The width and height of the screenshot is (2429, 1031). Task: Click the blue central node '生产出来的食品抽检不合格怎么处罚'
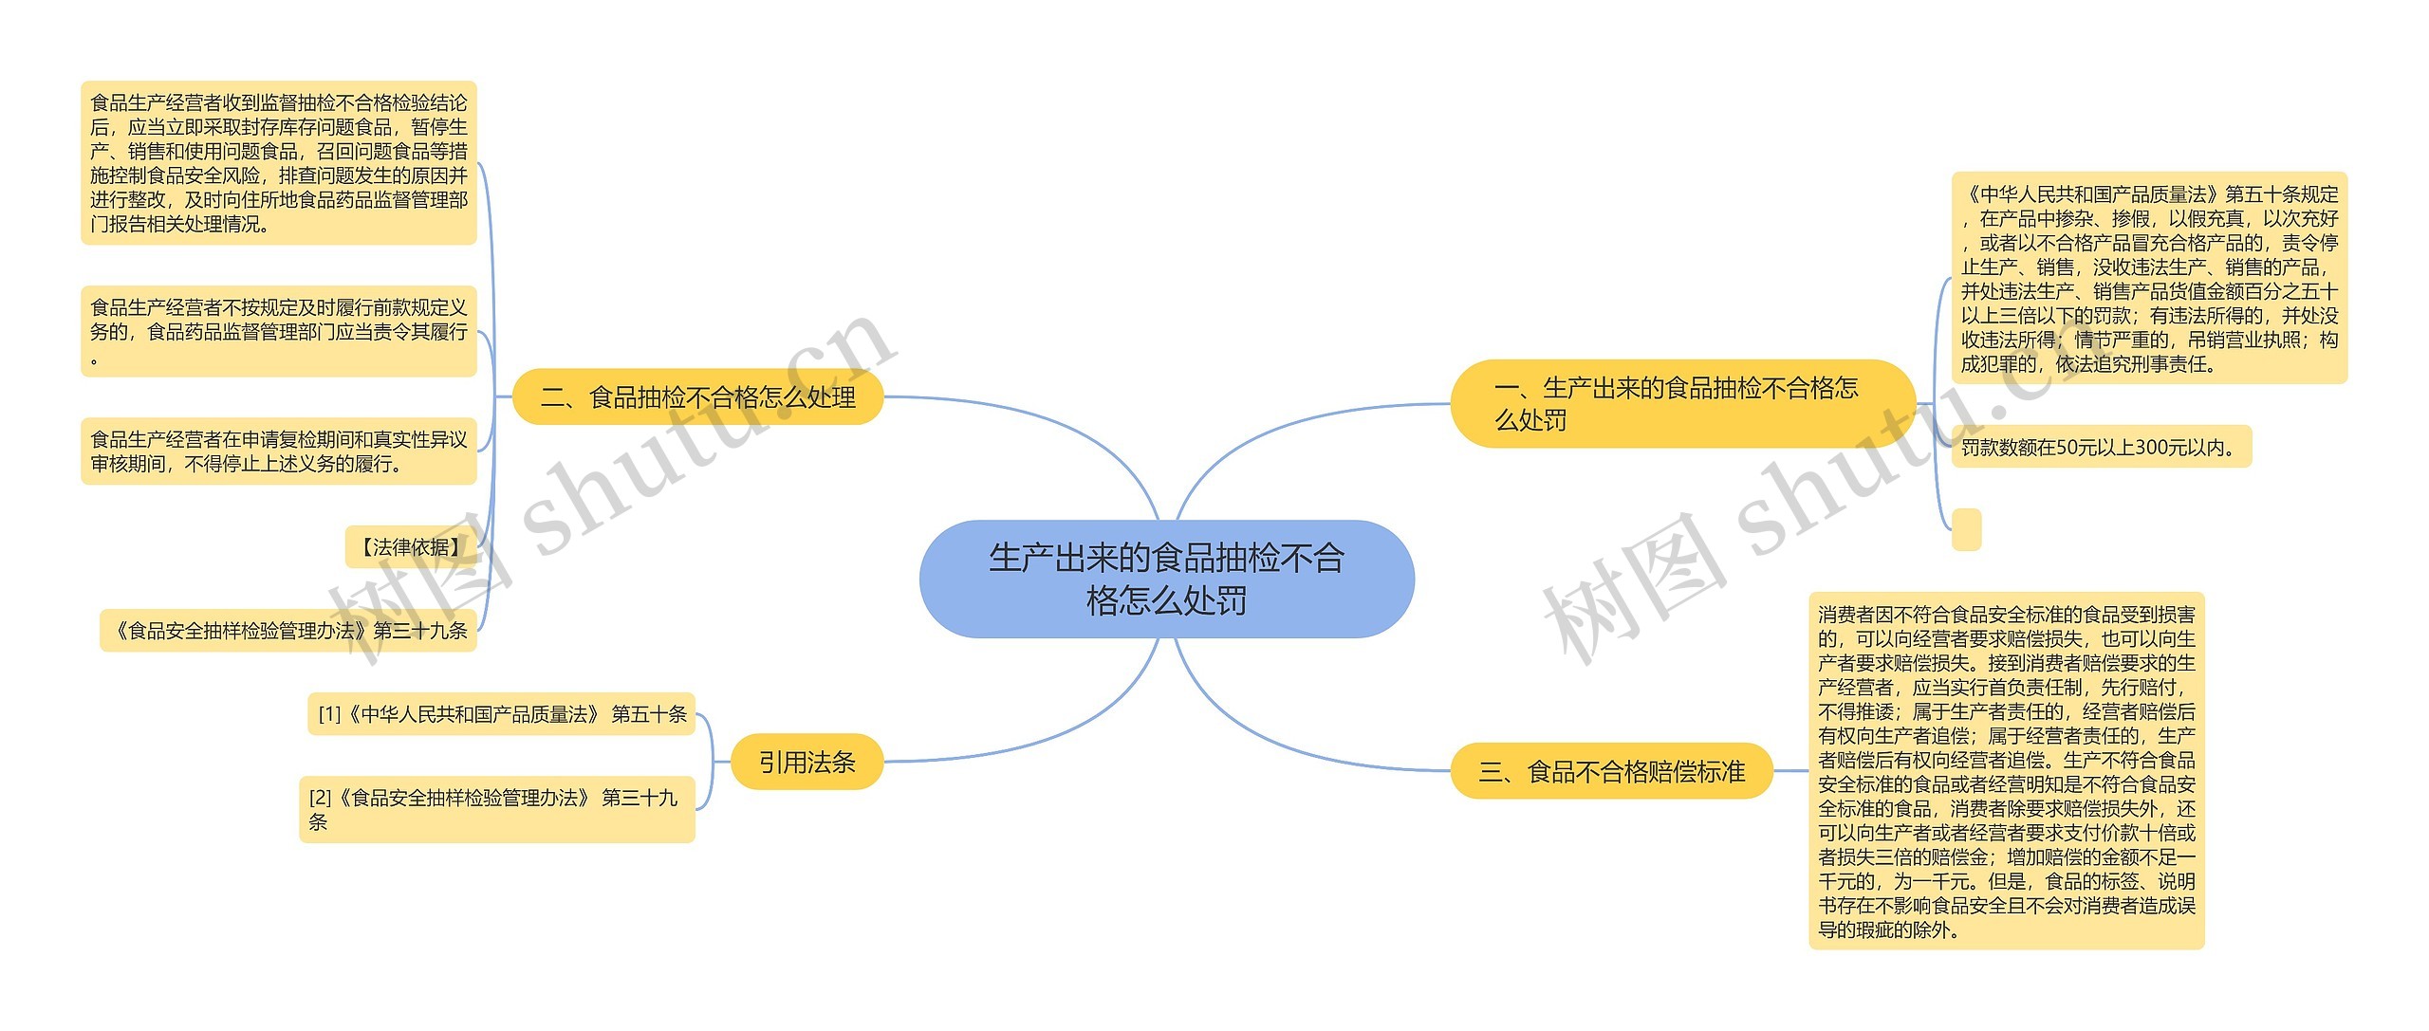pyautogui.click(x=1166, y=579)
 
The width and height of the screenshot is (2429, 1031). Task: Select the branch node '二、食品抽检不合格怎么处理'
pyautogui.click(x=697, y=396)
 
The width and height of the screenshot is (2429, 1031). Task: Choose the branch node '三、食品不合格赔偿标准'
pyautogui.click(x=1611, y=771)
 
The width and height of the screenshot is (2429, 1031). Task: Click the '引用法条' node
pyautogui.click(x=807, y=762)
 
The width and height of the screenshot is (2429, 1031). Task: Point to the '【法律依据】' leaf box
pyautogui.click(x=410, y=547)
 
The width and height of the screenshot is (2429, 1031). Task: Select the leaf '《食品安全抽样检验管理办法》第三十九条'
pyautogui.click(x=288, y=631)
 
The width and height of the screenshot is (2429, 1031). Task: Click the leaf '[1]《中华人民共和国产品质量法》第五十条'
pyautogui.click(x=501, y=714)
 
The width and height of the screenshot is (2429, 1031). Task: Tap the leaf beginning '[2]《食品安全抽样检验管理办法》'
pyautogui.click(x=496, y=809)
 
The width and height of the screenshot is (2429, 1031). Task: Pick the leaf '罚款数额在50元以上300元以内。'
pyautogui.click(x=2101, y=447)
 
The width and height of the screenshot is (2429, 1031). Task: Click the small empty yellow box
pyautogui.click(x=1966, y=529)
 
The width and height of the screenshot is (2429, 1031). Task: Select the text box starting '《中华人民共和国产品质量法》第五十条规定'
pyautogui.click(x=2149, y=278)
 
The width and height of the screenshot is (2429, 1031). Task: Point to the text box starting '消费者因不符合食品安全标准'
pyautogui.click(x=2006, y=771)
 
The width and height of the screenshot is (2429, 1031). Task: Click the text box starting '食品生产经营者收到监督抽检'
pyautogui.click(x=278, y=163)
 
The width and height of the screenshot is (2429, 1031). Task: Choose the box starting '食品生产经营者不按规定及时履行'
pyautogui.click(x=278, y=331)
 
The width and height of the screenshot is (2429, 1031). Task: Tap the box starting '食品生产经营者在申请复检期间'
pyautogui.click(x=278, y=451)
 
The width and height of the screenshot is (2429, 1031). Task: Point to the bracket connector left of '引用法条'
pyautogui.click(x=713, y=762)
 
